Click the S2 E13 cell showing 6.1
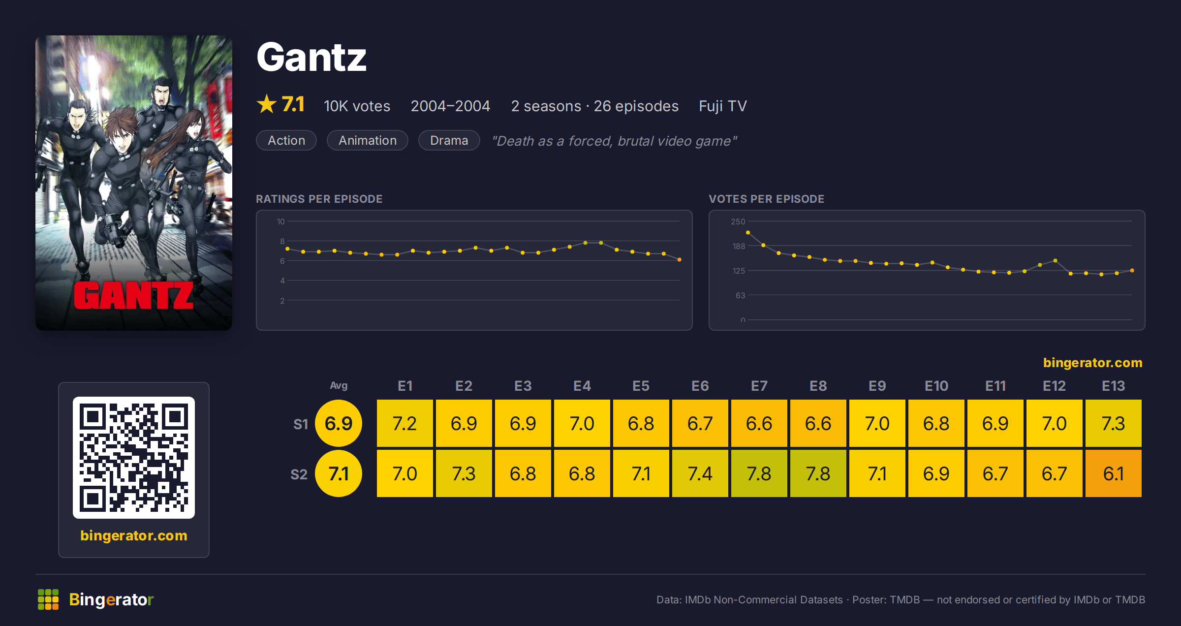click(x=1113, y=473)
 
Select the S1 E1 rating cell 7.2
click(x=405, y=423)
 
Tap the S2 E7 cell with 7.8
click(x=759, y=473)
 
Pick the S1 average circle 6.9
click(x=339, y=423)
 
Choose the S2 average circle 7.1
click(x=339, y=473)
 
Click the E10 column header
click(x=936, y=386)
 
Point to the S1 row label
click(x=301, y=424)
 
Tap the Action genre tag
click(x=286, y=140)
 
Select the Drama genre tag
click(x=449, y=140)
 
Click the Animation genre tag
click(x=368, y=140)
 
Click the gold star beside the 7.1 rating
click(x=267, y=104)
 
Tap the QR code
click(x=134, y=458)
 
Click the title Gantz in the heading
click(x=311, y=57)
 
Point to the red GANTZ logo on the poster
click(x=133, y=296)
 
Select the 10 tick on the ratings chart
click(x=280, y=221)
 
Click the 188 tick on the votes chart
click(x=739, y=246)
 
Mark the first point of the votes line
click(x=748, y=232)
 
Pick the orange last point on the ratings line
click(x=680, y=259)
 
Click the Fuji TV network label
click(x=723, y=106)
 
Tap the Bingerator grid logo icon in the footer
click(x=48, y=599)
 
